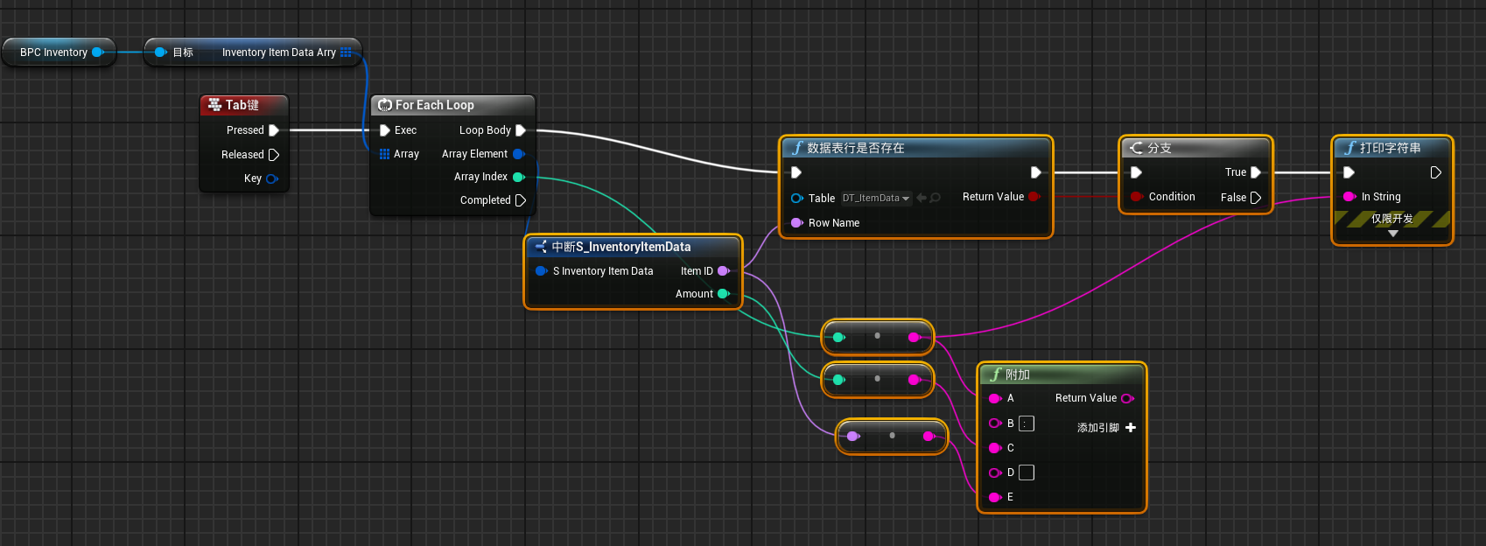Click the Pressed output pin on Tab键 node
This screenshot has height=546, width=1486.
tap(273, 130)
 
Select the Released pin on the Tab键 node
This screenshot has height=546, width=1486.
tap(273, 155)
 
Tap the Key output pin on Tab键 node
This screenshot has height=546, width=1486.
tap(271, 178)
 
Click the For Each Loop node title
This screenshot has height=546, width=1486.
tap(435, 105)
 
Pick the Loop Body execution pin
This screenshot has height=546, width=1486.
tap(521, 130)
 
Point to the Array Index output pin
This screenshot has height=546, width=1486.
tap(519, 177)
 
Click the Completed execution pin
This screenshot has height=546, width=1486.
tap(521, 200)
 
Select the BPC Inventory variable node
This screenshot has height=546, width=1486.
tap(59, 52)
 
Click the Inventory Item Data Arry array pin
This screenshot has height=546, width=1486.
tap(346, 52)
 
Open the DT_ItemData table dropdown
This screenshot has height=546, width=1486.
tap(876, 198)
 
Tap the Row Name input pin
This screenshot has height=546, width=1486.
tap(796, 223)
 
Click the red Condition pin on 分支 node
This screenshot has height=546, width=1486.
tap(1137, 196)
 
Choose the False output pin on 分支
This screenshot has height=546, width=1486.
tap(1255, 197)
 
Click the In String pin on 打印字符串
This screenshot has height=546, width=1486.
tap(1349, 196)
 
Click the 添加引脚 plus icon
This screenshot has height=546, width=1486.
tap(1131, 427)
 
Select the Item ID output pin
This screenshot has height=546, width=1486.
tap(723, 270)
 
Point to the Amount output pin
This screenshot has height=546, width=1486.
tap(723, 293)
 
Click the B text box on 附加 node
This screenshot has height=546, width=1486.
tap(1027, 423)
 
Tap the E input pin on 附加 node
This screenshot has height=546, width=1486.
tap(994, 497)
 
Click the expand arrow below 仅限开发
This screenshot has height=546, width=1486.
tap(1392, 233)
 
